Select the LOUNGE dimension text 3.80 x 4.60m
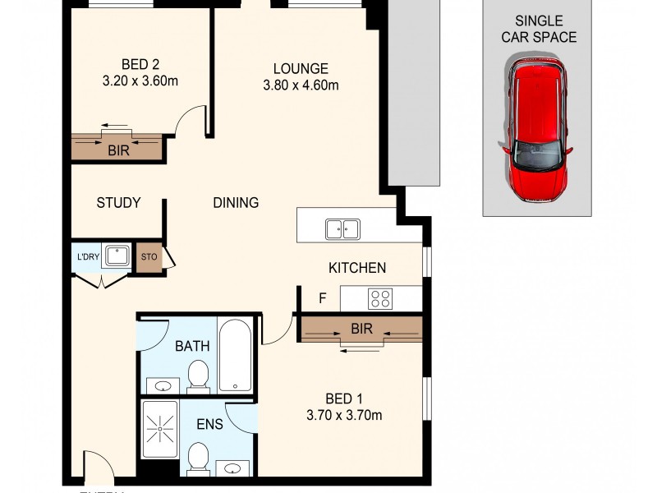click(301, 85)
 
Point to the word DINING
click(236, 202)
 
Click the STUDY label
click(118, 202)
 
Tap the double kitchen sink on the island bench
click(342, 228)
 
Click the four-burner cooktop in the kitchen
click(379, 298)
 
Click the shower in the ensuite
click(160, 427)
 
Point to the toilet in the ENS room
click(198, 457)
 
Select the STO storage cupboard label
click(149, 256)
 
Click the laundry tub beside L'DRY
click(116, 256)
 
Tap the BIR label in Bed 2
click(117, 150)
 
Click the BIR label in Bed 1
click(361, 329)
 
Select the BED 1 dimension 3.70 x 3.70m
click(342, 415)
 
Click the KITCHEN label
click(356, 268)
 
